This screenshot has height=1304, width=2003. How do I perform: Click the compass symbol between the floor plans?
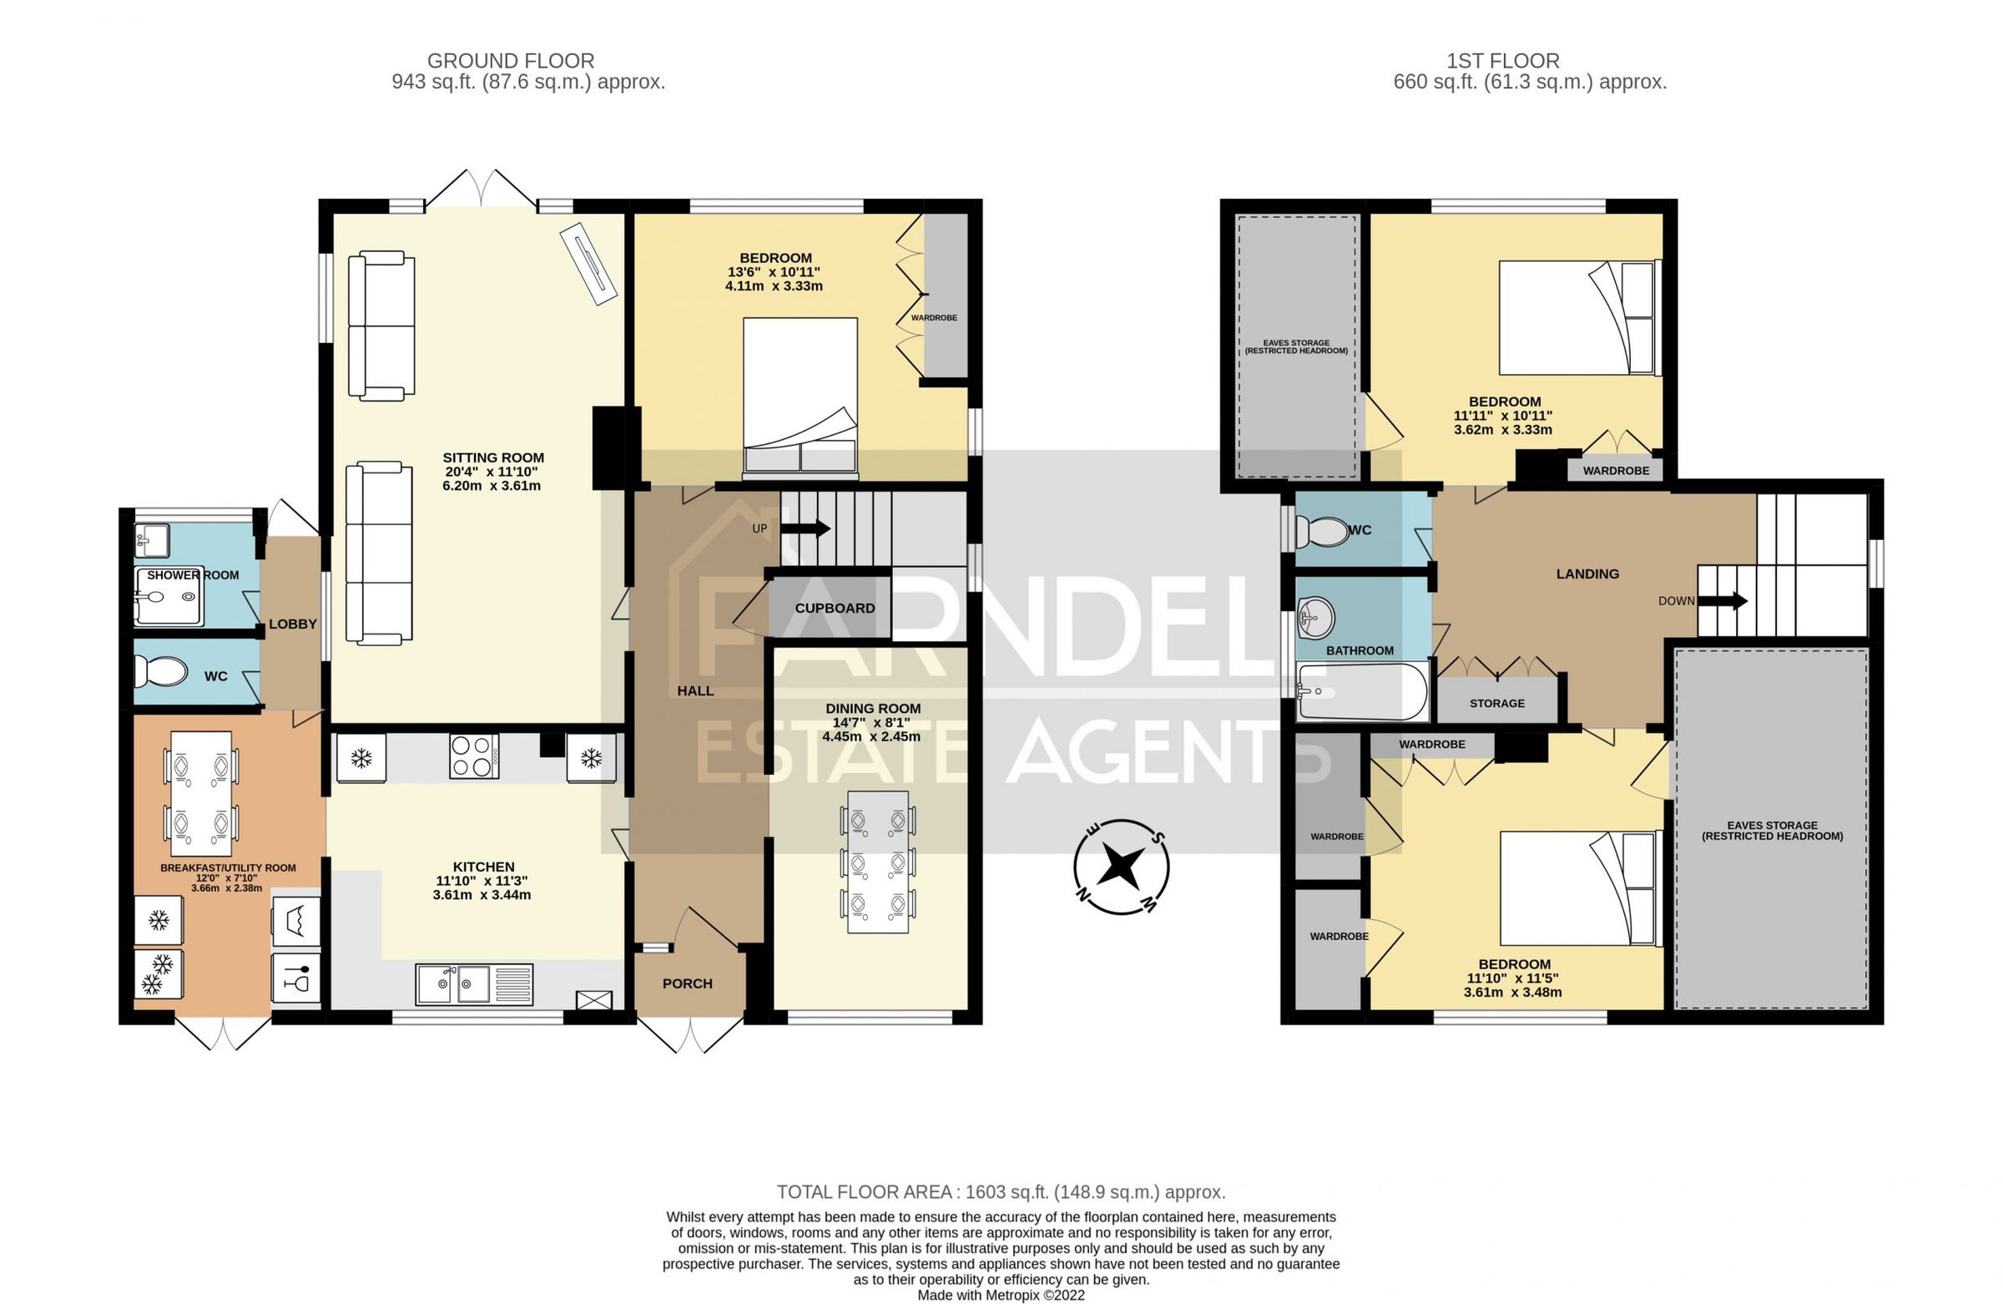[x=1121, y=867]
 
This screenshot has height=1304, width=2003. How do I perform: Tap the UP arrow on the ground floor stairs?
[x=805, y=528]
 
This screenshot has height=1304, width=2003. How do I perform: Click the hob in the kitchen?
[x=474, y=756]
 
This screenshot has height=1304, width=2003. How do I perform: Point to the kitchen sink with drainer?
[x=474, y=983]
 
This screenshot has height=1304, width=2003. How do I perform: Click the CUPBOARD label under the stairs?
[x=835, y=608]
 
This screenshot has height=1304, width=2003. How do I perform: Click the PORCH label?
[x=687, y=983]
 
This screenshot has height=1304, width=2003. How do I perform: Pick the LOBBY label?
[x=292, y=624]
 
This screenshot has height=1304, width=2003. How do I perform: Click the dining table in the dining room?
[x=878, y=862]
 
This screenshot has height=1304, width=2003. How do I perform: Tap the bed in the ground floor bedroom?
[x=800, y=396]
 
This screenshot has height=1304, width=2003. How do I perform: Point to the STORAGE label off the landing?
[x=1496, y=703]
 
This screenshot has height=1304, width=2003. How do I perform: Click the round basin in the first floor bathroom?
[x=1315, y=618]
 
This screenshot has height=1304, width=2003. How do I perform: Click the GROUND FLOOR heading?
[x=511, y=61]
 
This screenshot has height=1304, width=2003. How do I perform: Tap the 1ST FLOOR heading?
[x=1502, y=61]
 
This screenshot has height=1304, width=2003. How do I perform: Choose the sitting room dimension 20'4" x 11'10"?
[x=493, y=472]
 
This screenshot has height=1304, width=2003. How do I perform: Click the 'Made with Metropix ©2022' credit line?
[x=1001, y=1295]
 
